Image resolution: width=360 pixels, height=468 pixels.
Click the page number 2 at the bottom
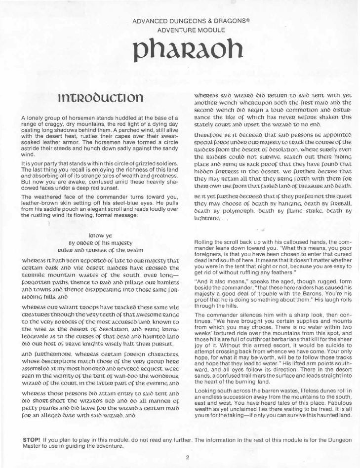[188, 457]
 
